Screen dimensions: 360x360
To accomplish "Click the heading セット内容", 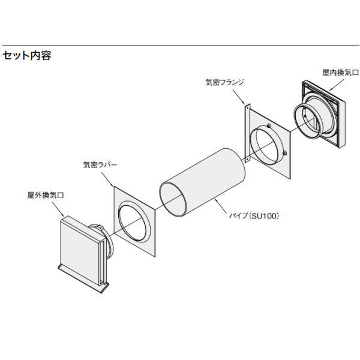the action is point(26,56).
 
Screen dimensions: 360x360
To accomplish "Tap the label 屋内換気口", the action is point(340,73).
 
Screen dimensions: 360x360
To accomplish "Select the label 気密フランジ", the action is point(224,82).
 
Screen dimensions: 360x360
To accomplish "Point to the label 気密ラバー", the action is point(100,164).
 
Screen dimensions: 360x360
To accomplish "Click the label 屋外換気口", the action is point(46,195).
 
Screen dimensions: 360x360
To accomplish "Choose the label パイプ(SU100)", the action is point(254,216).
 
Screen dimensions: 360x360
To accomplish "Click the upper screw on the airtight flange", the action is point(269,125).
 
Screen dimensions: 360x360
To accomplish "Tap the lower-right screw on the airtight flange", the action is point(284,153).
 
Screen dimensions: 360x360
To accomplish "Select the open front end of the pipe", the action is point(172,199).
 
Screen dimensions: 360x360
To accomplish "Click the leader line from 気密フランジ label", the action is point(239,97).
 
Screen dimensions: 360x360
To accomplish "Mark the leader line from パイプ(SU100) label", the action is point(223,206).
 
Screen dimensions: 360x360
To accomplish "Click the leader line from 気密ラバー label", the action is point(107,179).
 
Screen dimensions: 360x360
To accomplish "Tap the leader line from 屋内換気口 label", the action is point(337,85).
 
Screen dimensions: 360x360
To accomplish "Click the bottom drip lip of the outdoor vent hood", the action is point(83,278).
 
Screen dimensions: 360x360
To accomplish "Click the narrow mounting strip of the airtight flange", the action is point(247,133).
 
